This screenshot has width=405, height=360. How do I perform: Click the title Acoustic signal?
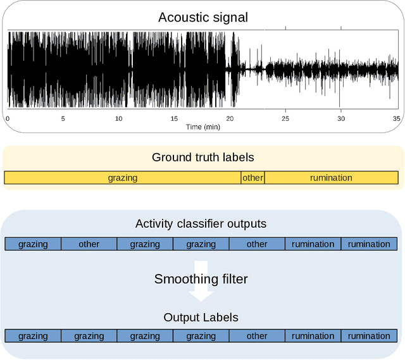pyautogui.click(x=202, y=17)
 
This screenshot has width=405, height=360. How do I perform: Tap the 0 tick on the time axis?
pyautogui.click(x=8, y=118)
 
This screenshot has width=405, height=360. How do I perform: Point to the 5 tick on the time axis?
pyautogui.click(x=63, y=118)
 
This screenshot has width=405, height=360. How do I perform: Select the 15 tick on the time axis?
pyautogui.click(x=174, y=118)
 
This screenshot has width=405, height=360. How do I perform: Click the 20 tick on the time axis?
pyautogui.click(x=230, y=118)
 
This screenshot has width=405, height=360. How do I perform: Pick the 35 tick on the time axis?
pyautogui.click(x=396, y=118)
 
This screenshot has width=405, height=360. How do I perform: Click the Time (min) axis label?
pyautogui.click(x=202, y=127)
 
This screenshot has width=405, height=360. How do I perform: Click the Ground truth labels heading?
pyautogui.click(x=202, y=157)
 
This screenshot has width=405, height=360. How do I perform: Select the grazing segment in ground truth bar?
pyautogui.click(x=122, y=178)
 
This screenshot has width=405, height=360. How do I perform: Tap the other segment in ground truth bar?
pyautogui.click(x=252, y=178)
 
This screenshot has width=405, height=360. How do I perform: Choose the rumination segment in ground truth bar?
pyautogui.click(x=331, y=178)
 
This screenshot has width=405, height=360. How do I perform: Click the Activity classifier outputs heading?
pyautogui.click(x=201, y=224)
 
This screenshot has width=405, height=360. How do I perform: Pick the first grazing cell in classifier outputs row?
pyautogui.click(x=33, y=244)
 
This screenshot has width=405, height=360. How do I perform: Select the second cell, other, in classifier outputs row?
pyautogui.click(x=89, y=244)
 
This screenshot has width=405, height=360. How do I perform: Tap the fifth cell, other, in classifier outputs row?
pyautogui.click(x=257, y=244)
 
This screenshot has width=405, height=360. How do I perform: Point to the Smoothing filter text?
pyautogui.click(x=202, y=278)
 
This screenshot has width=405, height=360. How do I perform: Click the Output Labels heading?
pyautogui.click(x=201, y=317)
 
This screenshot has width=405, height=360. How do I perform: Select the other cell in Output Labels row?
pyautogui.click(x=257, y=336)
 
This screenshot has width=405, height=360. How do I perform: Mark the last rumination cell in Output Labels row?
pyautogui.click(x=369, y=336)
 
